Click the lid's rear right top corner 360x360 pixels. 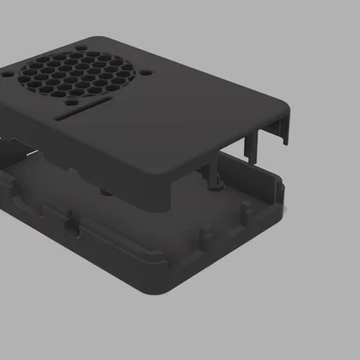click(x=286, y=110)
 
